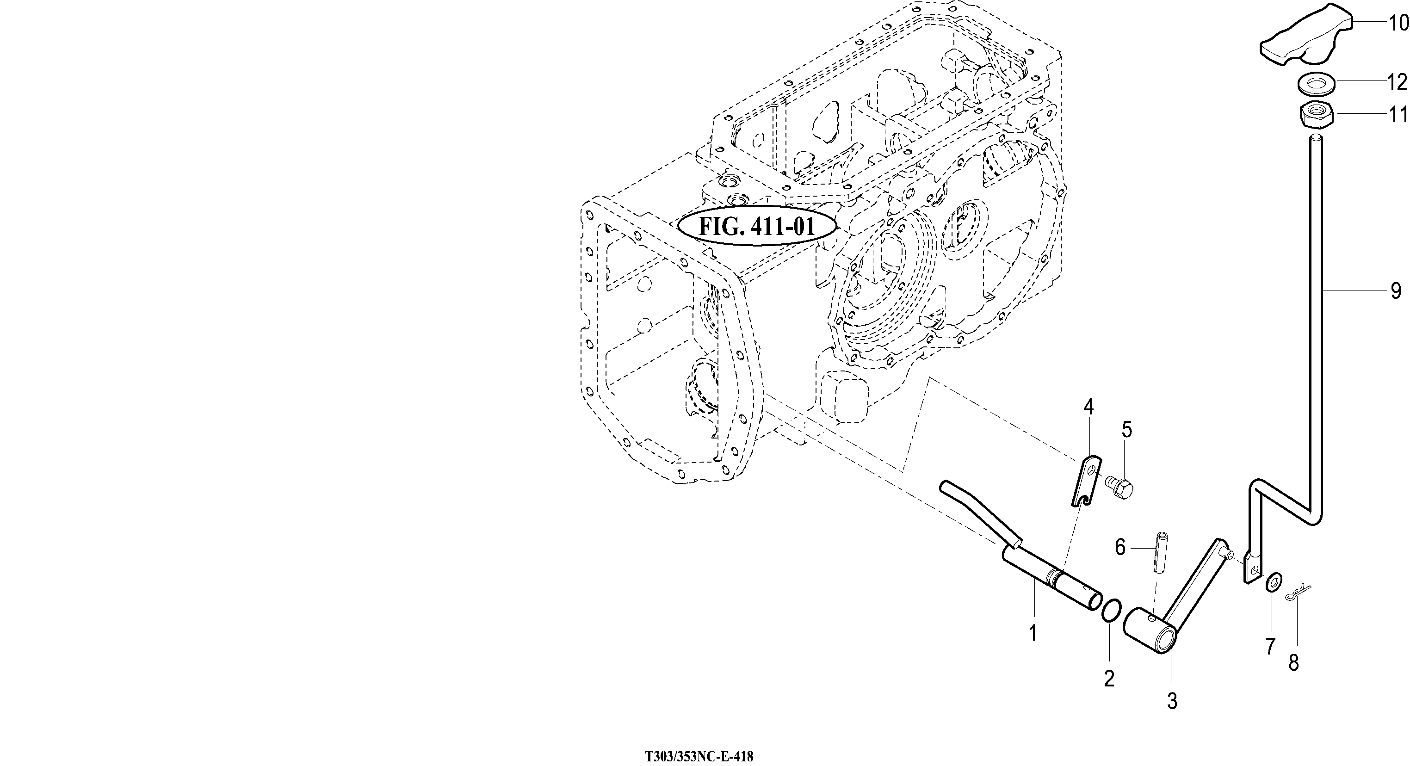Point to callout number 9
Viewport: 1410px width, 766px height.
point(1396,290)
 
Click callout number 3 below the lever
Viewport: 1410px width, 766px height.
point(1172,701)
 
